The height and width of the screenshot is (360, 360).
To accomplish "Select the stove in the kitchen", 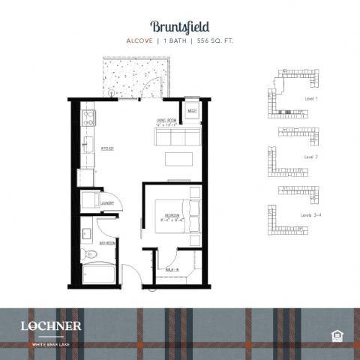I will (87, 117).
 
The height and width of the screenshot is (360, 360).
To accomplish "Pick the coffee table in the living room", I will (178, 159).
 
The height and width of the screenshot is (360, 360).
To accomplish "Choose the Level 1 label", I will (310, 98).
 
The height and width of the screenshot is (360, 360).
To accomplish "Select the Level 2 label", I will (310, 157).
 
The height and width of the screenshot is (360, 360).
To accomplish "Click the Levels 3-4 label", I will (313, 216).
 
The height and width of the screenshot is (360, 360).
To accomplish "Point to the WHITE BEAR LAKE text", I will (50, 344).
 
